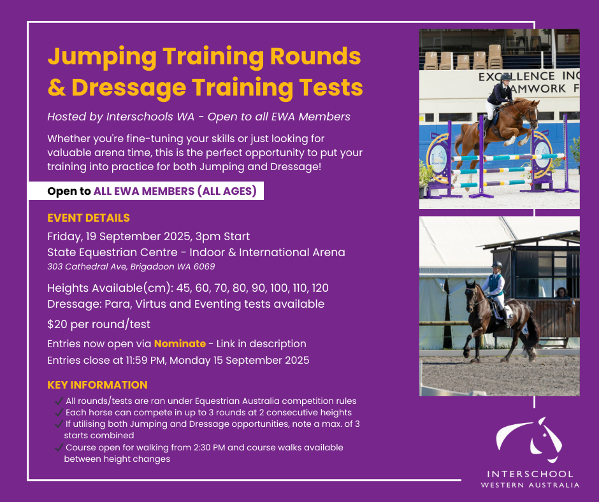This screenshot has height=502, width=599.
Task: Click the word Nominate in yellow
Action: (x=180, y=343)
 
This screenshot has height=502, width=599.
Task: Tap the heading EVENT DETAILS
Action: (x=89, y=218)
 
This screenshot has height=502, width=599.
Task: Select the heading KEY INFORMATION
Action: (x=97, y=385)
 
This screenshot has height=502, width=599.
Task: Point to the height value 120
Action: (x=320, y=288)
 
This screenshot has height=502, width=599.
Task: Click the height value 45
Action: (x=183, y=288)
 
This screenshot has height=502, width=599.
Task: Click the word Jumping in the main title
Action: (x=102, y=57)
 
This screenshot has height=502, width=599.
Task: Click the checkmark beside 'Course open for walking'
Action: (x=59, y=447)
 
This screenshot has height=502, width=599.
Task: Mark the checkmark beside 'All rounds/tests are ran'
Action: (x=59, y=401)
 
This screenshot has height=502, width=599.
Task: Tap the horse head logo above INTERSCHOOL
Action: (x=529, y=440)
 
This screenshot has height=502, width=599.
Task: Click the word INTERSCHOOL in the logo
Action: (x=530, y=474)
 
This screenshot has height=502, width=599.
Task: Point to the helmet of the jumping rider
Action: (x=505, y=78)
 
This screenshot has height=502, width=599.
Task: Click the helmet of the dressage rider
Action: (x=496, y=265)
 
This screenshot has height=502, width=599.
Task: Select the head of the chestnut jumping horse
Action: (x=531, y=110)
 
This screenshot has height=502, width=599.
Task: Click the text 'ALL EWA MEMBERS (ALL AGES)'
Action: (x=175, y=191)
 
